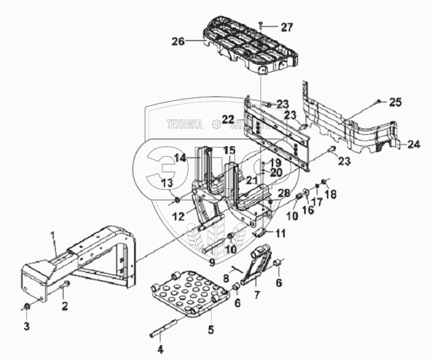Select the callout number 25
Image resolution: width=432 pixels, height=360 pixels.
tap(395, 102)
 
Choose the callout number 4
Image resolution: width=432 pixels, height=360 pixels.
tap(160, 348)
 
